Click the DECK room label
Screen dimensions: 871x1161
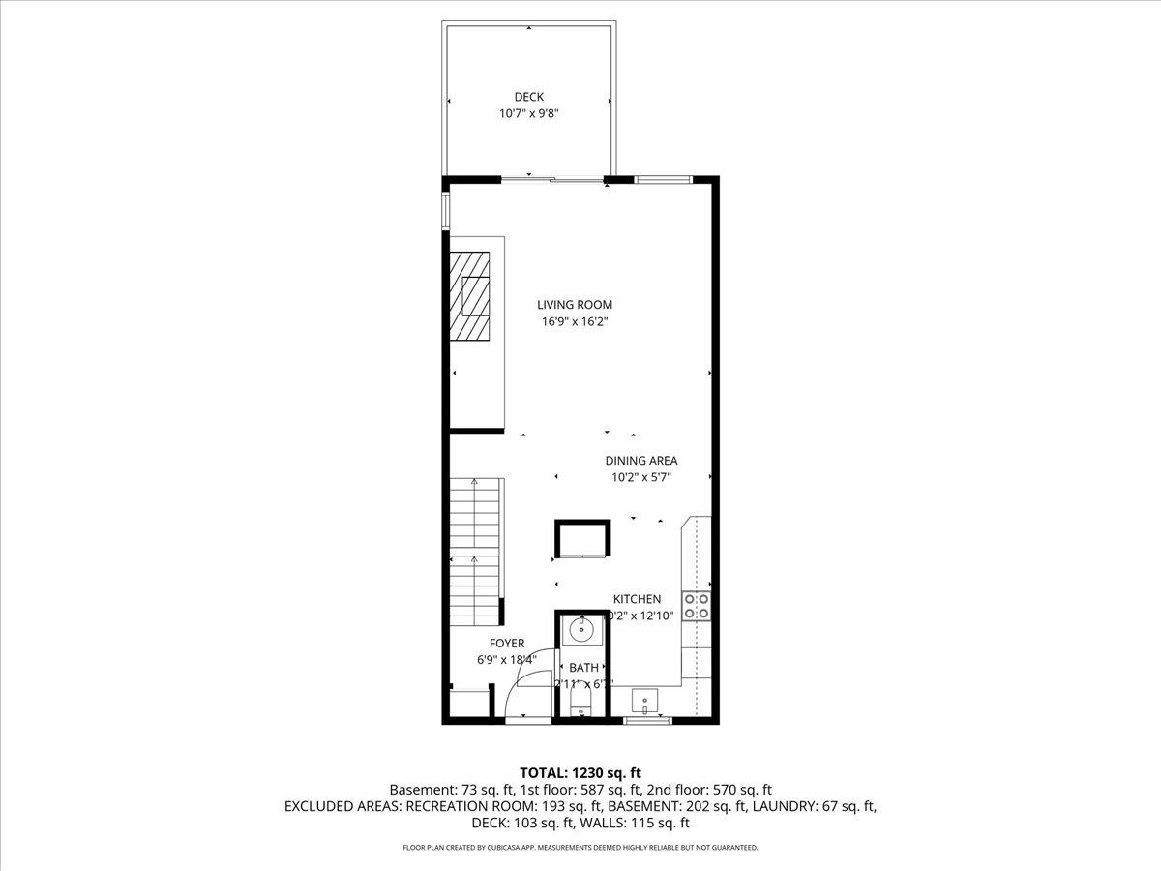coord(528,97)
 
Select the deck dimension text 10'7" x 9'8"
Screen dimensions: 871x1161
coord(528,113)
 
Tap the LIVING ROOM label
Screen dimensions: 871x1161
coord(575,305)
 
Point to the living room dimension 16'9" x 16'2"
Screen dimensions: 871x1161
coord(575,322)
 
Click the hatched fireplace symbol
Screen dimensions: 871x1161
coord(470,296)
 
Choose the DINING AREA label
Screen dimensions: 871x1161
coord(641,461)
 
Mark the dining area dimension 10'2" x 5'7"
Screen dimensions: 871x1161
coord(641,477)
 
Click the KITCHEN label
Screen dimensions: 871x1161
coord(637,600)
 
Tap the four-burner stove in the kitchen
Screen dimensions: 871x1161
coord(697,606)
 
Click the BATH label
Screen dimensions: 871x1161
coord(583,668)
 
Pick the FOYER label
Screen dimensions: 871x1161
coord(507,644)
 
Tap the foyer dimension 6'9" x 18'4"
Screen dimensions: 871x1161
coord(507,660)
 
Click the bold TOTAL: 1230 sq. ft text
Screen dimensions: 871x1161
coord(580,772)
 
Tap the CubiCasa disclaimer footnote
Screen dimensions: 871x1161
coord(580,848)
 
